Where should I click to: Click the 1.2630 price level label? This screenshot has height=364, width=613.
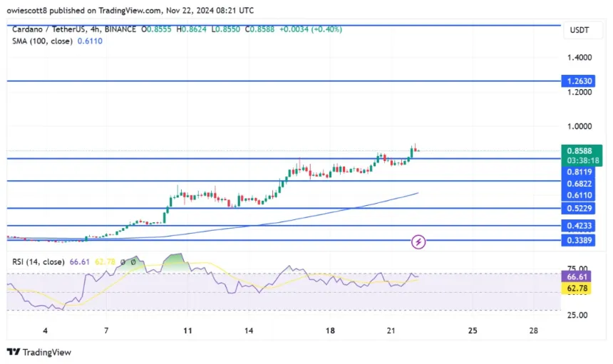pyautogui.click(x=579, y=81)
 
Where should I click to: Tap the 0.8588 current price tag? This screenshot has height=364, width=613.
pyautogui.click(x=579, y=150)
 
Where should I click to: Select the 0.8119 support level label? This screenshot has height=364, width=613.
pyautogui.click(x=579, y=172)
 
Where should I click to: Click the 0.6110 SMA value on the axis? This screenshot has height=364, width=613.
pyautogui.click(x=579, y=195)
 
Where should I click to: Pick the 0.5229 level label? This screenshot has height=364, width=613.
pyautogui.click(x=579, y=208)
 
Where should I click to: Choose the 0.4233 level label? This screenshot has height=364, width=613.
pyautogui.click(x=579, y=226)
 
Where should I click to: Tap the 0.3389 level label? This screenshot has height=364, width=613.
pyautogui.click(x=579, y=241)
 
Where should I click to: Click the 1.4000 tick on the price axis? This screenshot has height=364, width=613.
pyautogui.click(x=579, y=57)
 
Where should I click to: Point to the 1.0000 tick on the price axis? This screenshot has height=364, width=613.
pyautogui.click(x=579, y=126)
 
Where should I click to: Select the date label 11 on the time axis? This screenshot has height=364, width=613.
pyautogui.click(x=187, y=331)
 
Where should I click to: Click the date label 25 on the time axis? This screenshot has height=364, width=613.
pyautogui.click(x=473, y=331)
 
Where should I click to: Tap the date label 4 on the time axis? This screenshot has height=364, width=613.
pyautogui.click(x=46, y=331)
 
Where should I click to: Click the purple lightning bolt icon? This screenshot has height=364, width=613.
pyautogui.click(x=419, y=241)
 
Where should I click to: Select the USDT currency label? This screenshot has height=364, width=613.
pyautogui.click(x=578, y=30)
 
